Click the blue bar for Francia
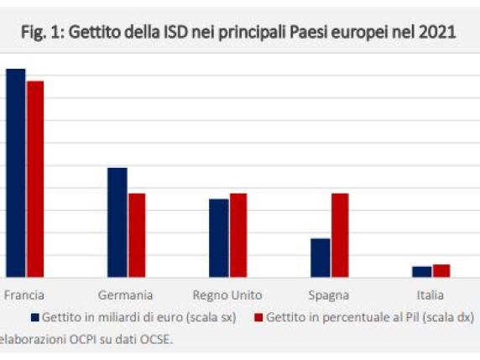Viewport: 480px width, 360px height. (x=16, y=172)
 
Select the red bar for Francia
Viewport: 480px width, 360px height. (x=35, y=178)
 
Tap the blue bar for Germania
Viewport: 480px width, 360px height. (x=117, y=222)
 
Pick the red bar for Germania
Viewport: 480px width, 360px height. (x=137, y=234)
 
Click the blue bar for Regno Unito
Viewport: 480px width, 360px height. (x=219, y=237)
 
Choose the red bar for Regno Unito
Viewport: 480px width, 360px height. (x=238, y=234)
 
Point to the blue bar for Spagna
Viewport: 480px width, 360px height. (x=321, y=257)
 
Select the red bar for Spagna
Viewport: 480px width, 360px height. (x=340, y=234)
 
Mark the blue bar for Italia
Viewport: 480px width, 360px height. (x=422, y=271)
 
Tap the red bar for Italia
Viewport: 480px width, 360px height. (x=441, y=270)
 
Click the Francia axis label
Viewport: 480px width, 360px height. (x=24, y=295)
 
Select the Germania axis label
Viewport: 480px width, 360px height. (x=125, y=295)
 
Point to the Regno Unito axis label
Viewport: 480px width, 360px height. (x=227, y=295)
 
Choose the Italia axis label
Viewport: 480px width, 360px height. (x=430, y=295)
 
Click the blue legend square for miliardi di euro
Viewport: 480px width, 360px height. (x=35, y=318)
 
